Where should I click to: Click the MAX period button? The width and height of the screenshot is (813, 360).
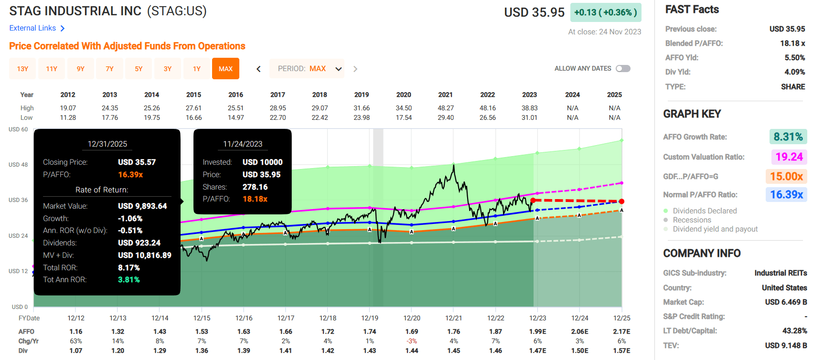tap(225, 69)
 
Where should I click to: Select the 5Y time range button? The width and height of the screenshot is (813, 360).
tap(139, 69)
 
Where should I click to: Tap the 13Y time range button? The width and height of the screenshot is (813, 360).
tap(22, 69)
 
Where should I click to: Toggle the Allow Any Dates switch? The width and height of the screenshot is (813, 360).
tap(623, 68)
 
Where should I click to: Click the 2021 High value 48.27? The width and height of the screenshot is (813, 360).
tap(446, 108)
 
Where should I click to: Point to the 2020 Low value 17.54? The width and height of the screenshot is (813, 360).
tap(404, 117)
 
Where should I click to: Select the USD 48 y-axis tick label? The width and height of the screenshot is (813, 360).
tap(18, 165)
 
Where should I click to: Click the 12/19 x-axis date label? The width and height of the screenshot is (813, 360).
tap(370, 318)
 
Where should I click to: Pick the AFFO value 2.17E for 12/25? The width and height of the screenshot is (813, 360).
tap(621, 331)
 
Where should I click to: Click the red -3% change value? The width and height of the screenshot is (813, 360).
tap(412, 341)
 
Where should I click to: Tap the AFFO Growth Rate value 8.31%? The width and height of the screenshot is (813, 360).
tap(788, 137)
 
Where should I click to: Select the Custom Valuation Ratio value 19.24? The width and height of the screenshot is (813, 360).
tap(789, 157)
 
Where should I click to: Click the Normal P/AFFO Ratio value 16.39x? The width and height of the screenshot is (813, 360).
tap(786, 194)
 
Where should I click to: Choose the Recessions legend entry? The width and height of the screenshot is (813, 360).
tap(692, 220)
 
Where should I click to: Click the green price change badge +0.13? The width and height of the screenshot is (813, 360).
tap(605, 12)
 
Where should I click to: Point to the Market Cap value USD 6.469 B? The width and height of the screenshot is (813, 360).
tap(786, 302)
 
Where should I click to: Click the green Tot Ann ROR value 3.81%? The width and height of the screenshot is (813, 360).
tap(129, 280)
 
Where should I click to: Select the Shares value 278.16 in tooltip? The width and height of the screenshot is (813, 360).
tap(255, 187)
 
